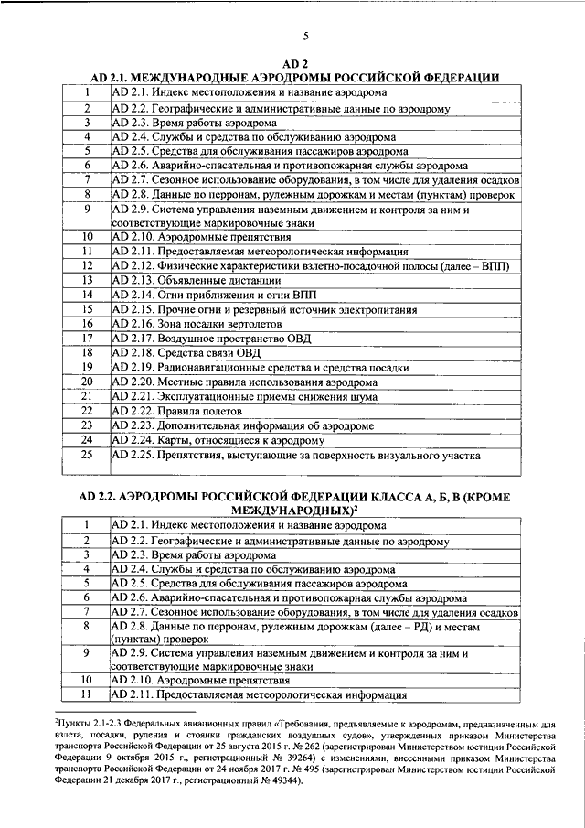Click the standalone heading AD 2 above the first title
[x=293, y=64]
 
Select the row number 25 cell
[x=88, y=455]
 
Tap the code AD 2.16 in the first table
[x=132, y=324]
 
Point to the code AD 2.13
[x=132, y=280]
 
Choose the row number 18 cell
[x=88, y=352]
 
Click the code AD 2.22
[x=132, y=411]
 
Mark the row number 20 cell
[x=88, y=382]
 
